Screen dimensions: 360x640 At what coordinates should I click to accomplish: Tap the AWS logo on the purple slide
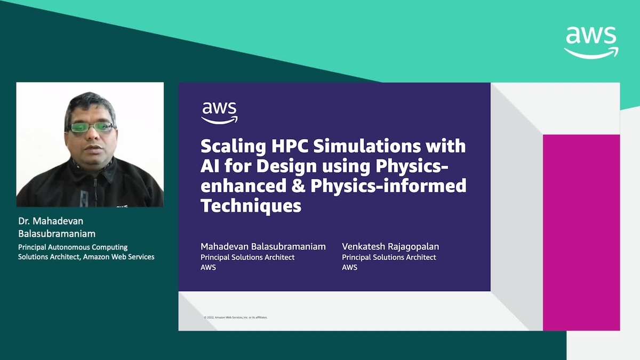pyautogui.click(x=219, y=112)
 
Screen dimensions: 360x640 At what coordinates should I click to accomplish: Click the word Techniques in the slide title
pyautogui.click(x=251, y=205)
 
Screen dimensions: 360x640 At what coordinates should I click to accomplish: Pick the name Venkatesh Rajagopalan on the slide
pyautogui.click(x=390, y=246)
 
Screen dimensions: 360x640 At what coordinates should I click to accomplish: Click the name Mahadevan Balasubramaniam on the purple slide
pyautogui.click(x=263, y=246)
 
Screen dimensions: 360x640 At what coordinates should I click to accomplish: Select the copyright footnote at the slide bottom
pyautogui.click(x=235, y=317)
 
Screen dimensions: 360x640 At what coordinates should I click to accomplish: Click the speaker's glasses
pyautogui.click(x=91, y=127)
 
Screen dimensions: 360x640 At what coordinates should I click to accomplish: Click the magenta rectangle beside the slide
pyautogui.click(x=581, y=232)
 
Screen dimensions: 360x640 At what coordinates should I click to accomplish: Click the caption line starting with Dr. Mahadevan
pyautogui.click(x=51, y=221)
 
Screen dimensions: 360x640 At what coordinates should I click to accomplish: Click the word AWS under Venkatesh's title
pyautogui.click(x=349, y=267)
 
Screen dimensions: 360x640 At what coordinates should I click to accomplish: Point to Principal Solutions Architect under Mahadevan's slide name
pyautogui.click(x=247, y=257)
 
